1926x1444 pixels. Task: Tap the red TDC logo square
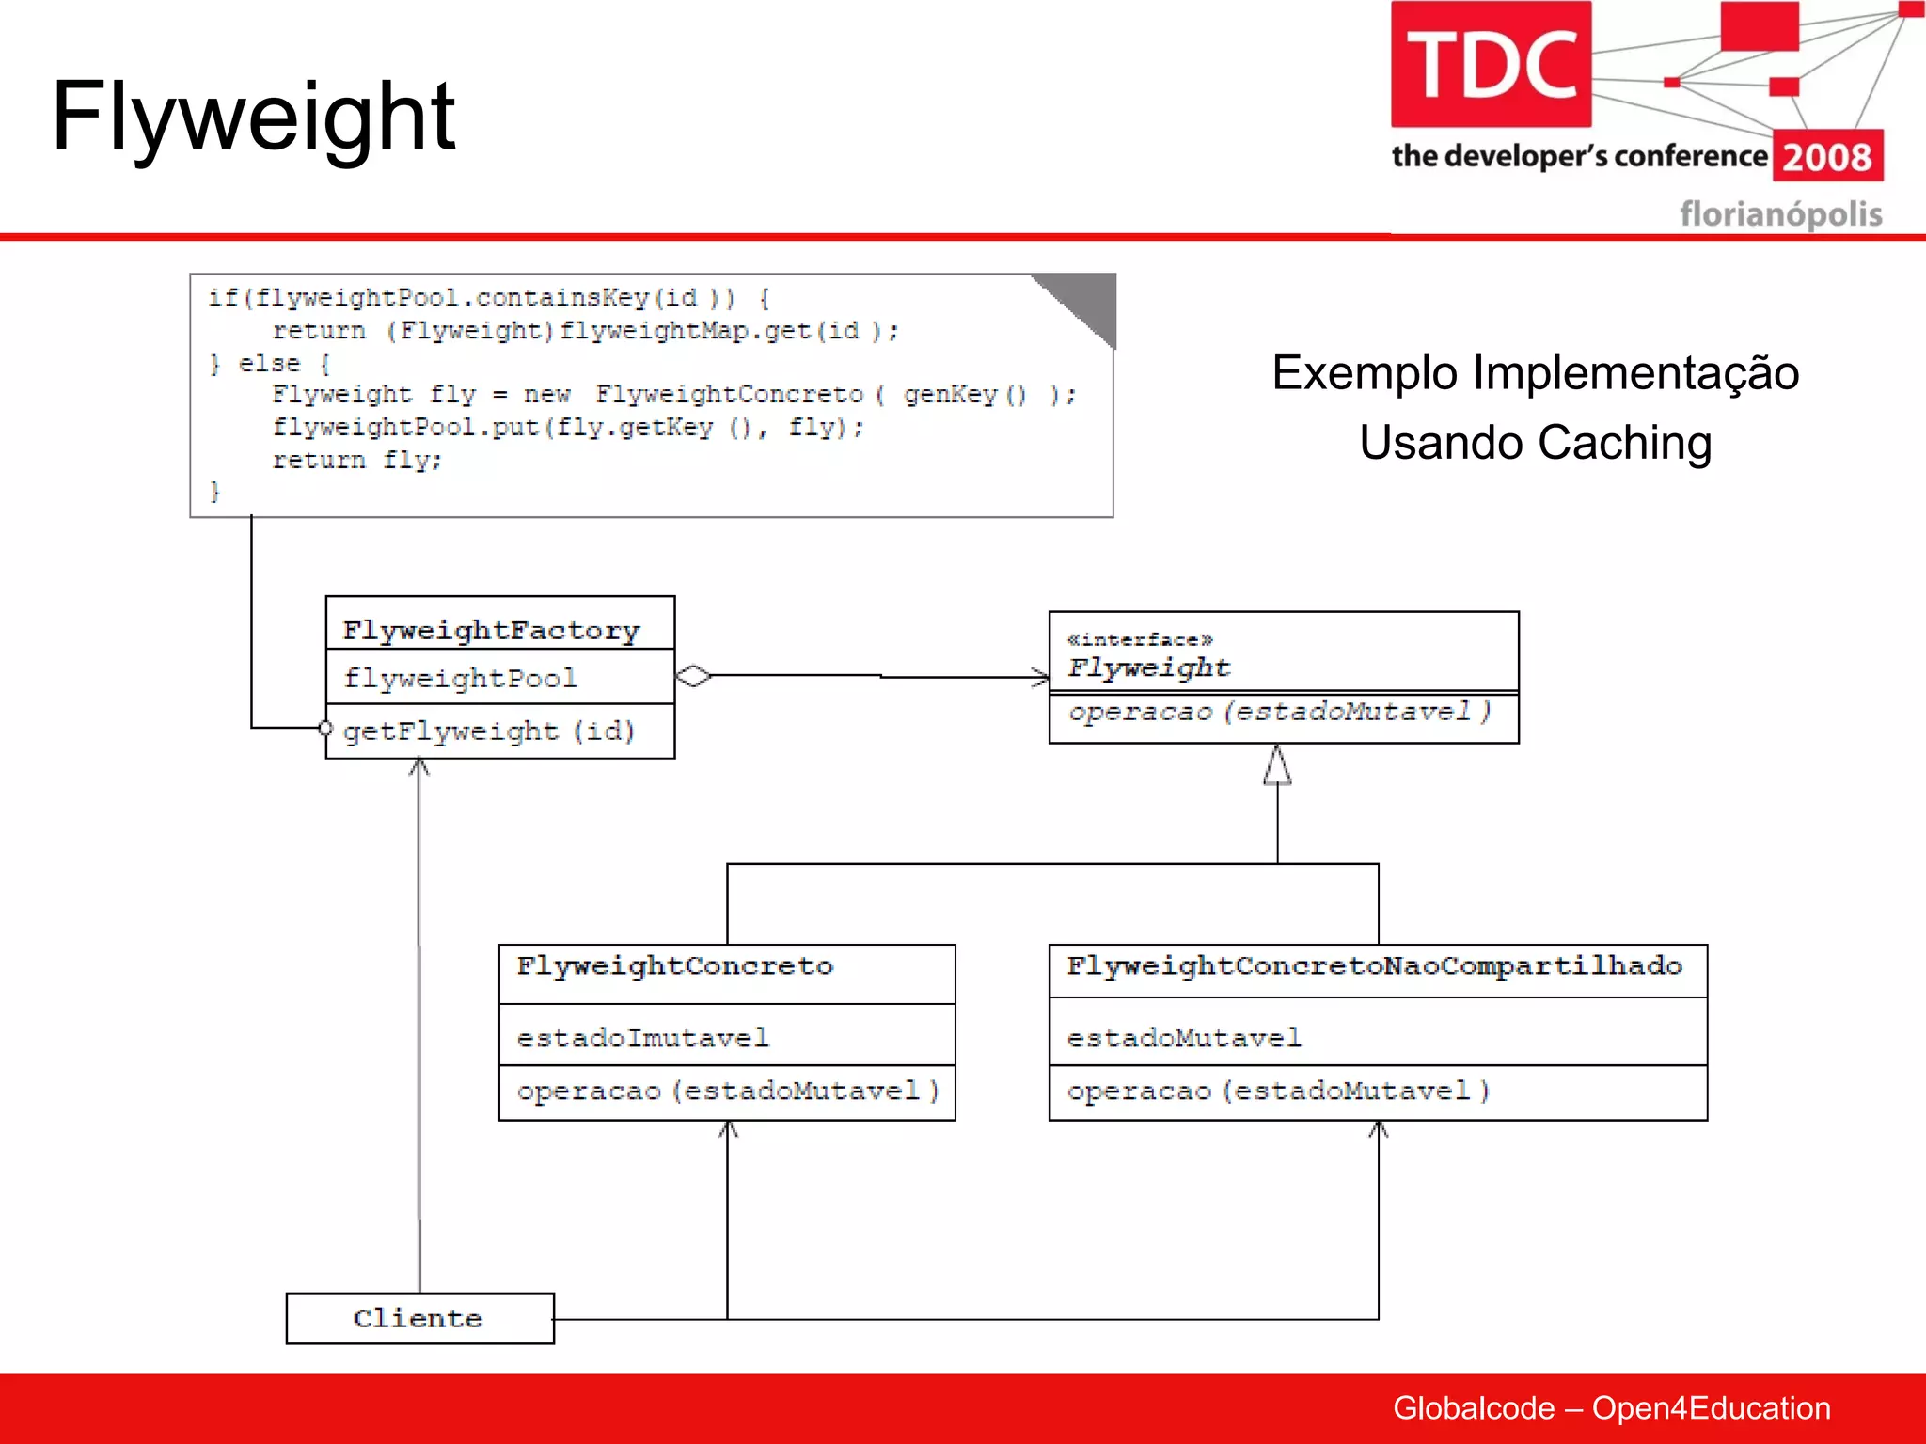coord(1491,64)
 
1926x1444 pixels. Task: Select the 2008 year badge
coord(1827,157)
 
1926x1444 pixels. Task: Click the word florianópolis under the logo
coord(1780,214)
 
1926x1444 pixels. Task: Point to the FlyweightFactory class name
coord(491,630)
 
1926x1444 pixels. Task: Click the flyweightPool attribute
coord(460,678)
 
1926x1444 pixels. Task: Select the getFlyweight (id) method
coord(489,730)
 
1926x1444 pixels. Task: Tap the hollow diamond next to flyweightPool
coord(694,676)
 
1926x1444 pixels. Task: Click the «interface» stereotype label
coord(1140,639)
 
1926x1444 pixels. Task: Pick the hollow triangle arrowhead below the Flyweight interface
coord(1277,765)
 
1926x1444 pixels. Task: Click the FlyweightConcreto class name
coord(674,965)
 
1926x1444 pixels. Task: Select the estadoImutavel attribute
coord(642,1038)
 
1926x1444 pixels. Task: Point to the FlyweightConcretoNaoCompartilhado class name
coord(1374,965)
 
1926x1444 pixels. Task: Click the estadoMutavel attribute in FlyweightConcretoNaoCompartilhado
coord(1184,1038)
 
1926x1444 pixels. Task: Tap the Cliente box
coord(419,1318)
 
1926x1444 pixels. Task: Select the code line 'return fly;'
coord(356,460)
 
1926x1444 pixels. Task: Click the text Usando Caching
coord(1535,442)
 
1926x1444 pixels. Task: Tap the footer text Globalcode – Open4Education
coord(1611,1407)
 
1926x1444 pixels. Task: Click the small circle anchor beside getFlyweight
coord(325,728)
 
